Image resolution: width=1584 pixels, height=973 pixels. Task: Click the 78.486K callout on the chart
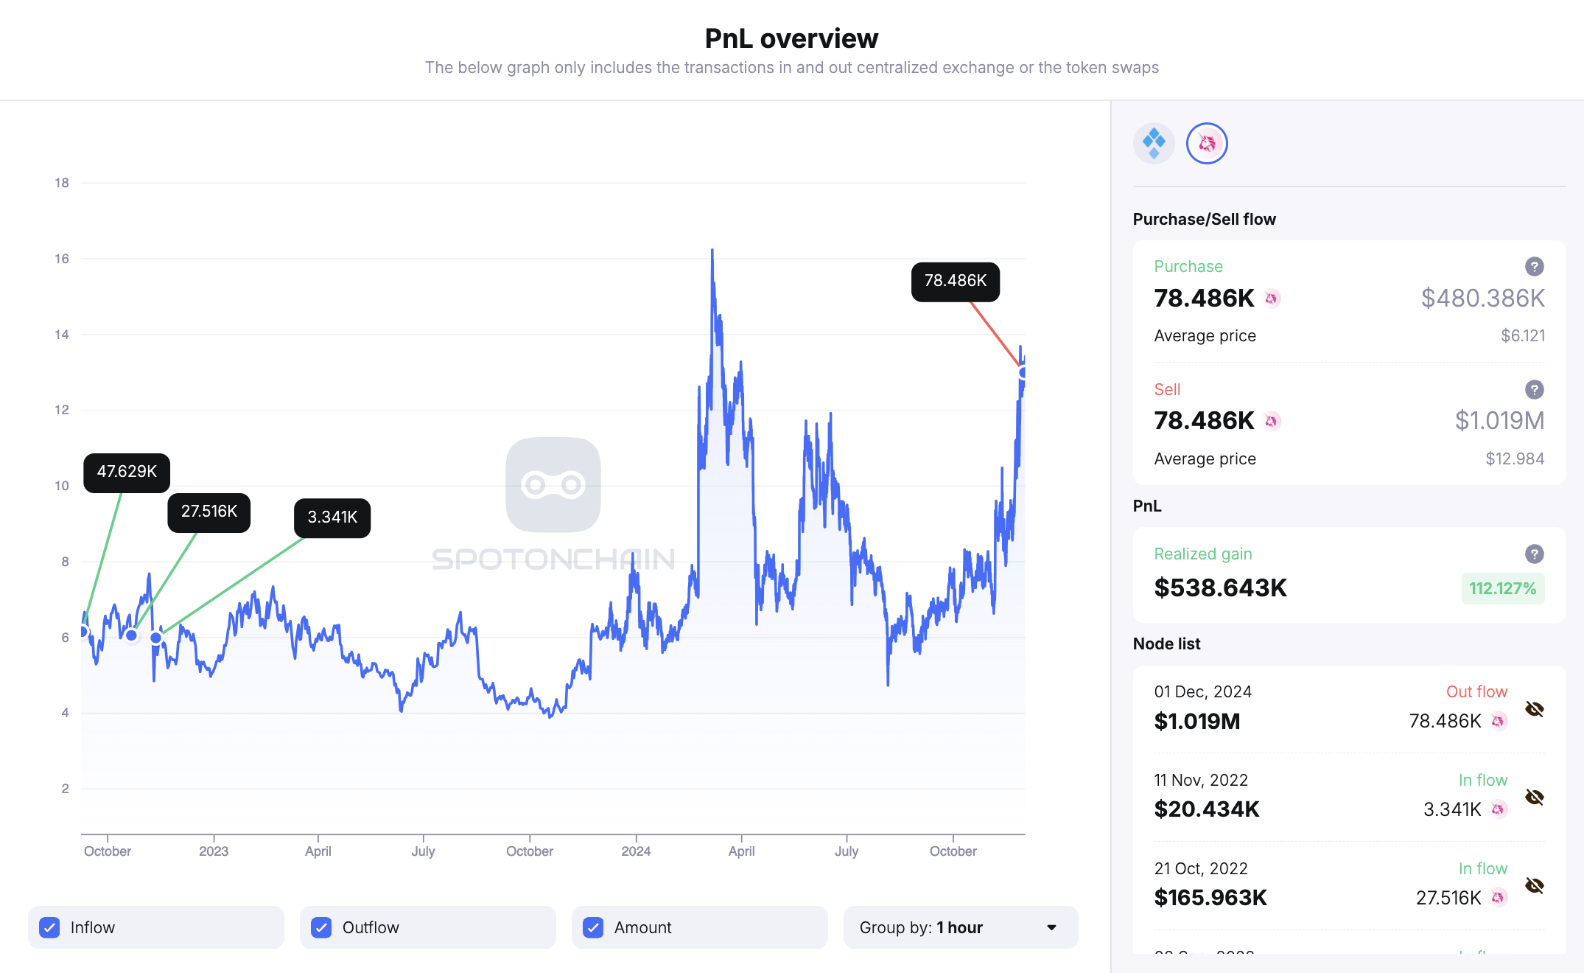click(x=955, y=282)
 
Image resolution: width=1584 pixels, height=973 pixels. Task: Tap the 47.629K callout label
click(x=127, y=472)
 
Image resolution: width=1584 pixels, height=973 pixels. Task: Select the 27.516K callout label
click(x=208, y=512)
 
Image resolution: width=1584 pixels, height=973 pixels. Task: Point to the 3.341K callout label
click(x=332, y=517)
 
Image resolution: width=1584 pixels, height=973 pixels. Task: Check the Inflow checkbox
click(x=50, y=927)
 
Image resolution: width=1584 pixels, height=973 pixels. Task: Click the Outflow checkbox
click(x=321, y=927)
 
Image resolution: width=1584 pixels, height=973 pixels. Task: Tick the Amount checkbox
click(x=593, y=927)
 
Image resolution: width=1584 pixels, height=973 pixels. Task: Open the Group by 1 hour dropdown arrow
click(x=1051, y=927)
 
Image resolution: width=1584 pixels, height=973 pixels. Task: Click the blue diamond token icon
click(x=1153, y=143)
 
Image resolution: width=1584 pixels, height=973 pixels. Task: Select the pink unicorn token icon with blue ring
click(x=1207, y=143)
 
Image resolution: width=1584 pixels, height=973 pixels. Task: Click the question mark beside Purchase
click(x=1534, y=267)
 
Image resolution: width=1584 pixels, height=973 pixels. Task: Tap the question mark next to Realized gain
click(x=1534, y=554)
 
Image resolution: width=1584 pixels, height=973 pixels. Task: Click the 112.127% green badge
click(x=1502, y=589)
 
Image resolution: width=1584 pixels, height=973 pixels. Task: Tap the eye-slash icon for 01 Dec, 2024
click(x=1534, y=709)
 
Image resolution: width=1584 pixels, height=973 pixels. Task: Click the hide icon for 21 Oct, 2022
click(x=1534, y=885)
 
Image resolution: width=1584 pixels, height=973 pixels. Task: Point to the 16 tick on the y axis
click(x=62, y=259)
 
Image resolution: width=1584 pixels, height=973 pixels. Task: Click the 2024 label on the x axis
click(x=636, y=851)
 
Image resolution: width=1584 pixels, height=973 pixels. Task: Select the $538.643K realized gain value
click(x=1220, y=588)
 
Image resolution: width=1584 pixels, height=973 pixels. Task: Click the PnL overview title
click(x=791, y=38)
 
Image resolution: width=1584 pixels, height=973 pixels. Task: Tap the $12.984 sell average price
click(x=1514, y=459)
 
